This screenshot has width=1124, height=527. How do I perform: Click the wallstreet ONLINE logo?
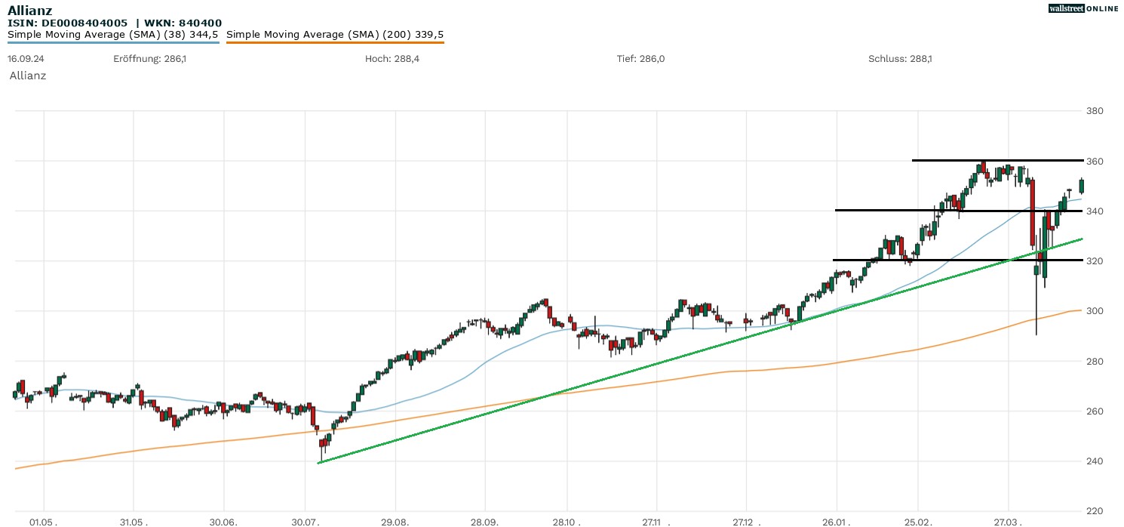(x=1083, y=8)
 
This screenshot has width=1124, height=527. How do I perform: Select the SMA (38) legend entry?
(x=113, y=34)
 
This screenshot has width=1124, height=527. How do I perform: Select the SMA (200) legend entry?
(x=335, y=34)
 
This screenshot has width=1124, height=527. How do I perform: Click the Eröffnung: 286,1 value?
(x=149, y=58)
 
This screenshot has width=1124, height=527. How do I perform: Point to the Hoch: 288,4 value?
(x=392, y=58)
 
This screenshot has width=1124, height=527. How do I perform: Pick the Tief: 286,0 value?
(x=640, y=58)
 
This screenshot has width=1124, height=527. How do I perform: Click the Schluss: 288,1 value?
(x=900, y=58)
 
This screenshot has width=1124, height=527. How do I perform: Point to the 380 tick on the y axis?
(x=1094, y=111)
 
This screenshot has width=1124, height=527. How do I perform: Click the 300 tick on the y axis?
(x=1094, y=311)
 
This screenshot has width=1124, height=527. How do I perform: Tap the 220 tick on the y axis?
(x=1094, y=511)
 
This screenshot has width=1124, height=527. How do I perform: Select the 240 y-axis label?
(x=1094, y=461)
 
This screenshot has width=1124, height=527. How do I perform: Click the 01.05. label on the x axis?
(x=43, y=522)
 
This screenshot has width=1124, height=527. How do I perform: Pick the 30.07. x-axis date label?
(x=306, y=522)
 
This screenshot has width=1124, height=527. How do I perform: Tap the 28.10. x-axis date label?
(x=569, y=522)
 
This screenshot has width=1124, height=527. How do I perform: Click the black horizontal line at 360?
(x=996, y=160)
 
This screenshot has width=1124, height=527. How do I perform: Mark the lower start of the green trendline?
(x=319, y=463)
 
